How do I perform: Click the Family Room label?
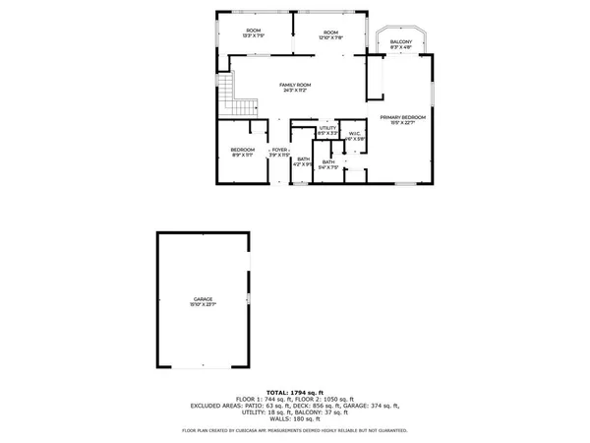click(x=294, y=86)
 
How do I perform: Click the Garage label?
click(x=204, y=298)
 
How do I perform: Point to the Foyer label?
click(x=279, y=150)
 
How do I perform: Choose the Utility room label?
click(x=327, y=128)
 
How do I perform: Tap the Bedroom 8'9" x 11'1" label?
click(x=242, y=150)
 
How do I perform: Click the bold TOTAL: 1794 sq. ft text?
click(x=295, y=392)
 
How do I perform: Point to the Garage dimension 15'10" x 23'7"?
click(x=204, y=304)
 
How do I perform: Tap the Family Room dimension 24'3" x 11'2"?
click(x=294, y=92)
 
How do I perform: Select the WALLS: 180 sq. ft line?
click(x=295, y=417)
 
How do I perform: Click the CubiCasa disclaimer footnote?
click(x=295, y=430)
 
